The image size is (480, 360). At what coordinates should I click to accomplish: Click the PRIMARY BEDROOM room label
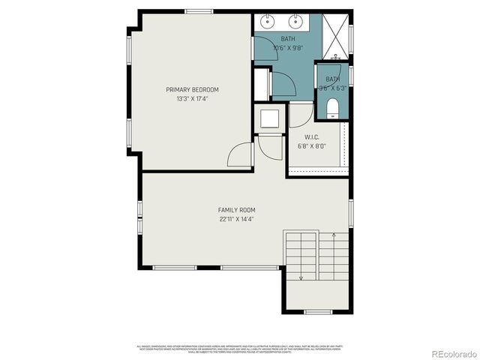[x=193, y=89]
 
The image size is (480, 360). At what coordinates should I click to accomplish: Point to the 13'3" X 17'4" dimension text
[x=193, y=98]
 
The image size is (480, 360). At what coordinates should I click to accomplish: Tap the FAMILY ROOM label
[x=237, y=210]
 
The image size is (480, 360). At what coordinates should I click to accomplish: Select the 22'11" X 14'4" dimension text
[x=237, y=220]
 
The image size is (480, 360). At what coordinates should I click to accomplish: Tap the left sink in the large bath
[x=266, y=22]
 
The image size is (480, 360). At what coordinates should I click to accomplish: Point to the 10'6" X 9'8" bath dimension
[x=288, y=47]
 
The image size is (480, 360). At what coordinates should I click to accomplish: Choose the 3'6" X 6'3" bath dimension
[x=333, y=88]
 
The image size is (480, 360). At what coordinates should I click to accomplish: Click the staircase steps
[x=316, y=255]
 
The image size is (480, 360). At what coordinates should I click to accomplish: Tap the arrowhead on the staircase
[x=301, y=278]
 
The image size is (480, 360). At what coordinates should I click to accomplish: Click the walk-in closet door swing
[x=298, y=115]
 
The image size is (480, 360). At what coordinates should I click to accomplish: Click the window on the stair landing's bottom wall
[x=318, y=312]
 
